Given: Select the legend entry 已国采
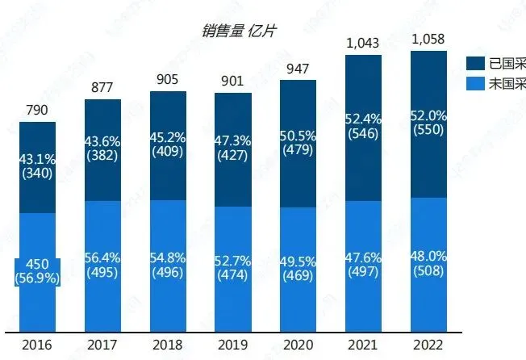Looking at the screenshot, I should pyautogui.click(x=504, y=63).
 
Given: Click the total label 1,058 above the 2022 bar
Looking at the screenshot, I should pyautogui.click(x=428, y=38).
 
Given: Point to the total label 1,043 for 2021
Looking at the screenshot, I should pyautogui.click(x=364, y=41).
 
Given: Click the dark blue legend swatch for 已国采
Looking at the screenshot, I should pyautogui.click(x=475, y=63).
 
